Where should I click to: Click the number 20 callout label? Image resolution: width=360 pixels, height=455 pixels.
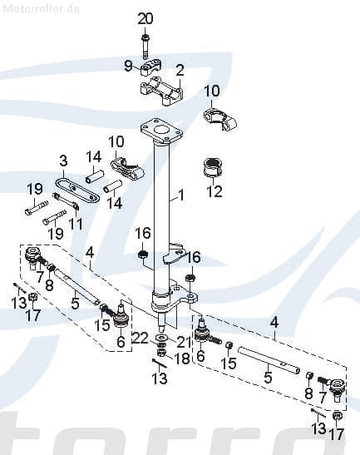tap(145, 19)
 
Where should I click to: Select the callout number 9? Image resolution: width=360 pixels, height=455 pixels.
tap(128, 65)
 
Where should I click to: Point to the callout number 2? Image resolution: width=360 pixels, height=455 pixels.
tap(180, 70)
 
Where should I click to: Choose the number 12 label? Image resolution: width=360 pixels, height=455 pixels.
tap(215, 192)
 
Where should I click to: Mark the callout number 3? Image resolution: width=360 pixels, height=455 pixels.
tap(62, 160)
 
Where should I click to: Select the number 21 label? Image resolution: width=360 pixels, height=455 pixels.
tap(183, 342)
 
